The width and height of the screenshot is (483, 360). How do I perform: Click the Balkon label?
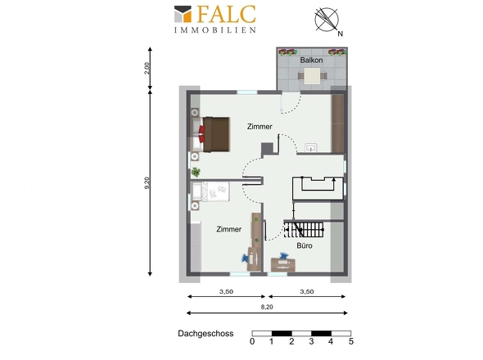click(311, 60)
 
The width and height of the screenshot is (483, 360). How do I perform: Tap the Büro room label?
click(305, 245)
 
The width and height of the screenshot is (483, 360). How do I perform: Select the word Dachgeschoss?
click(205, 334)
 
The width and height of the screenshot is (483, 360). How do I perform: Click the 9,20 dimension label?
click(147, 183)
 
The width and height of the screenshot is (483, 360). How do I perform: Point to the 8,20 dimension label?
click(267, 307)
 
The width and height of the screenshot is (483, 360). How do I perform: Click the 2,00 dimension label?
click(147, 68)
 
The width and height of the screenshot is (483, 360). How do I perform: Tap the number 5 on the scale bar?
click(351, 341)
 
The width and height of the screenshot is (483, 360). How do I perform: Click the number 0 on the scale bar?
click(252, 341)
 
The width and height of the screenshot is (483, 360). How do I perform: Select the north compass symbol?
click(327, 20)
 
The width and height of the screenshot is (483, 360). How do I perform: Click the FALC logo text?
click(227, 14)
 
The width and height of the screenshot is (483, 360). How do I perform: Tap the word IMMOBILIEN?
click(215, 30)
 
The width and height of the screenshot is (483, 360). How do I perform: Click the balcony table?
click(312, 76)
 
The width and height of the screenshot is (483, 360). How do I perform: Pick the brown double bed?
click(216, 134)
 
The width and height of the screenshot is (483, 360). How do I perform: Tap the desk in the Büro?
click(282, 265)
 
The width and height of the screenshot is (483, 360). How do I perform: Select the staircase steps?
click(304, 230)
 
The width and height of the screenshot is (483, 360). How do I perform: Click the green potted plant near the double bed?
click(196, 172)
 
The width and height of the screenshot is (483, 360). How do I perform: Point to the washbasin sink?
click(311, 148)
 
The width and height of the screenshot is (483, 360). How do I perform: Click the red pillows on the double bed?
click(201, 134)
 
